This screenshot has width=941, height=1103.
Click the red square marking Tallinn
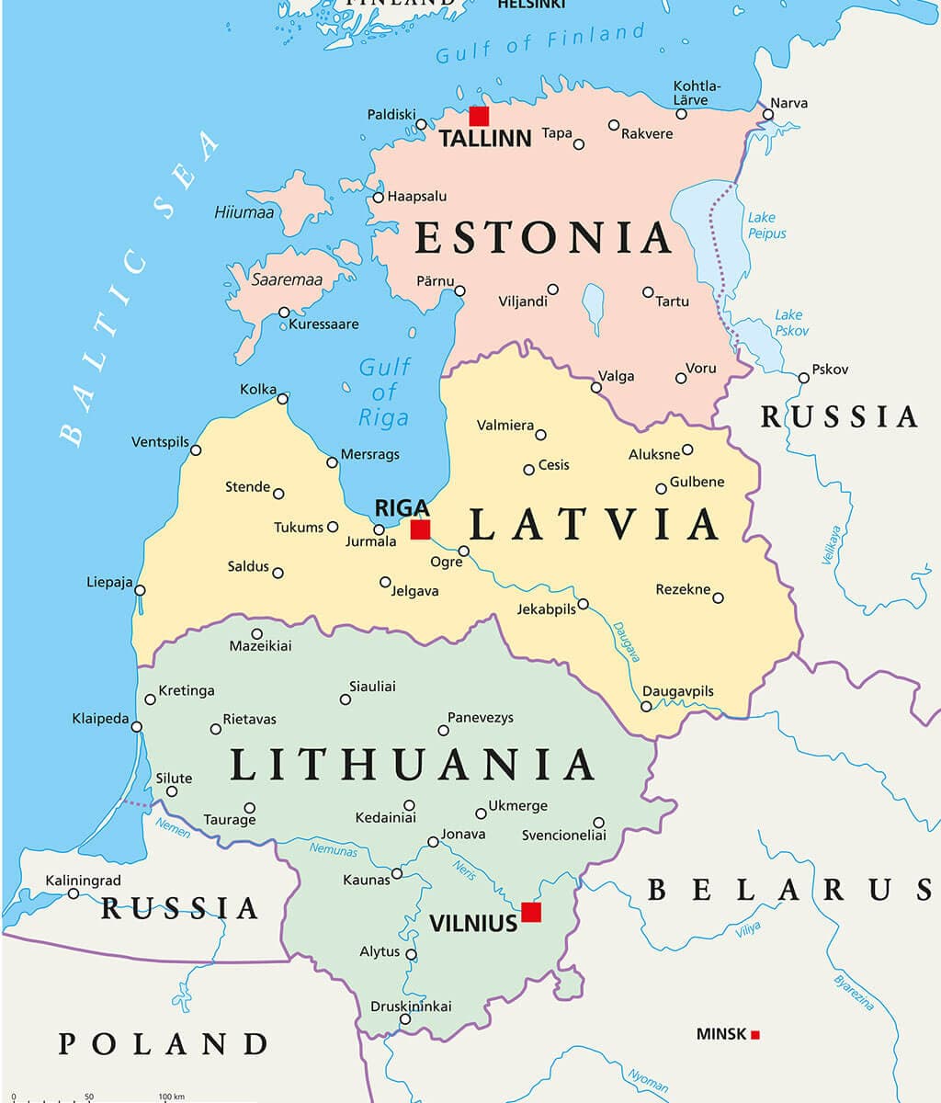coord(479,116)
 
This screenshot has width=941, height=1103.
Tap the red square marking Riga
coord(420,529)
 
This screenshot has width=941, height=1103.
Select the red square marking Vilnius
coord(531,912)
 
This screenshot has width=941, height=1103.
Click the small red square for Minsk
coord(755,1035)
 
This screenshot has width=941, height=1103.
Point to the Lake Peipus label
coord(766,225)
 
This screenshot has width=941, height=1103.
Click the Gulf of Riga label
coord(383,392)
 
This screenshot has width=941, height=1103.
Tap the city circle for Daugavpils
coord(646,707)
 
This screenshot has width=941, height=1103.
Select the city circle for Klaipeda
coord(137,726)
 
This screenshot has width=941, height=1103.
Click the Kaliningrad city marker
coord(74,893)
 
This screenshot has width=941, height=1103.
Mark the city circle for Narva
coord(768,115)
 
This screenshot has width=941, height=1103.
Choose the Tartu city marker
coord(648,292)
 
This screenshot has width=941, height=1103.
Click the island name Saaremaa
coord(287,279)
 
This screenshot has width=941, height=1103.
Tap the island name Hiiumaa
coord(244,212)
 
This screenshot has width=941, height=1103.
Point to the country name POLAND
coord(164,1044)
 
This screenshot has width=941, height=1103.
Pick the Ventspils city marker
coord(196,450)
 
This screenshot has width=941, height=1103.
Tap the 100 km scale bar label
coord(171,1097)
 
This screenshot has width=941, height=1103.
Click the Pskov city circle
coord(804,378)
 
